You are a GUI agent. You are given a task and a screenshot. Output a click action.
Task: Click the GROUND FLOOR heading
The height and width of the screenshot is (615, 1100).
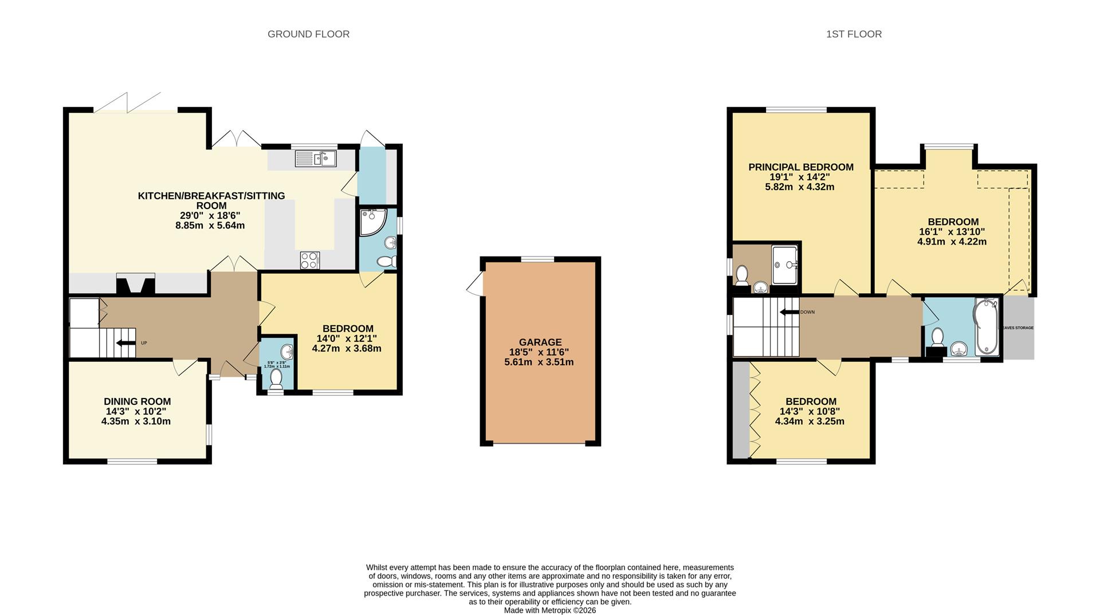pos(308,34)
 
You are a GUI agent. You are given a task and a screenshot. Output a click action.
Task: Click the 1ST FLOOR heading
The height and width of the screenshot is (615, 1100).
pos(854,34)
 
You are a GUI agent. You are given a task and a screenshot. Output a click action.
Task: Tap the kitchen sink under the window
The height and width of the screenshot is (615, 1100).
pos(316,159)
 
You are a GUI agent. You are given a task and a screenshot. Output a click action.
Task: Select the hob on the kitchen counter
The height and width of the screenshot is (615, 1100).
pos(310,261)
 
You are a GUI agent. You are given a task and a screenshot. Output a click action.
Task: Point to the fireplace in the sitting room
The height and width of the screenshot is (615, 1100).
pos(136,284)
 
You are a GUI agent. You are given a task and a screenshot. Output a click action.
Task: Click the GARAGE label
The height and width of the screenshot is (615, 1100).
pos(540,342)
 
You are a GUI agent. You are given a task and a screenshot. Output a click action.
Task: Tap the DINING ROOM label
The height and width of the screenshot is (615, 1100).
pos(137,402)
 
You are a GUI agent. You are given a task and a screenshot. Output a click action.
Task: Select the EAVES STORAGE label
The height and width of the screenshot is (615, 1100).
pos(1018,328)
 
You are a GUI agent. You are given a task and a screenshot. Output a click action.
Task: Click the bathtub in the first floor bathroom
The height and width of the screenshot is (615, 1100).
pos(986,326)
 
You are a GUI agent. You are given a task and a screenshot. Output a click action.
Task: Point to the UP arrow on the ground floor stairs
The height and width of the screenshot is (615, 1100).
pos(123,343)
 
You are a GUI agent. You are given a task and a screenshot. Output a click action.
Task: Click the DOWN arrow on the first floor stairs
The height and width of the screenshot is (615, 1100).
pos(789,312)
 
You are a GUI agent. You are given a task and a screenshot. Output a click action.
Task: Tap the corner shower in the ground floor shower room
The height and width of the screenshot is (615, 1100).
pos(374,222)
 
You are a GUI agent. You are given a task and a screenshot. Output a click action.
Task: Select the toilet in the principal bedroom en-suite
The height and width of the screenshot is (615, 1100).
pos(742,275)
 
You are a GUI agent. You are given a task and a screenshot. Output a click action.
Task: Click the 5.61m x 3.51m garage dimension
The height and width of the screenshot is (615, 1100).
pos(539,362)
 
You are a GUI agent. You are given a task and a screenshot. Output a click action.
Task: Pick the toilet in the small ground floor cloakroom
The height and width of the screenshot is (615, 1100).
pos(276,379)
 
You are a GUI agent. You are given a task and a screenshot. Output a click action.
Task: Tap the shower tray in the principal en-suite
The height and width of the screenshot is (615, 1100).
pos(785,265)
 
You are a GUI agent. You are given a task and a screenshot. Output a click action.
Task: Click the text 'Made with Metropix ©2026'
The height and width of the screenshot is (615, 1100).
pos(550,610)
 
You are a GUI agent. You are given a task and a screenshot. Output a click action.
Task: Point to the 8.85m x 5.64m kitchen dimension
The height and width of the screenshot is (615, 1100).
pos(210,226)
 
